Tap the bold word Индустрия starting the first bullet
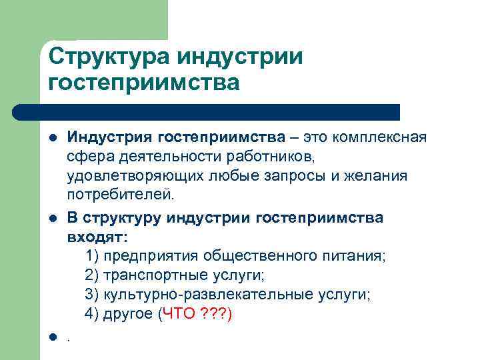pyautogui.click(x=109, y=138)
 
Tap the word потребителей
pyautogui.click(x=119, y=196)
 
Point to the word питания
pyautogui.click(x=357, y=256)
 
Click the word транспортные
pyautogui.click(x=147, y=275)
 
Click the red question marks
pyautogui.click(x=215, y=314)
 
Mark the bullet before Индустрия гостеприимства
pyautogui.click(x=51, y=139)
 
